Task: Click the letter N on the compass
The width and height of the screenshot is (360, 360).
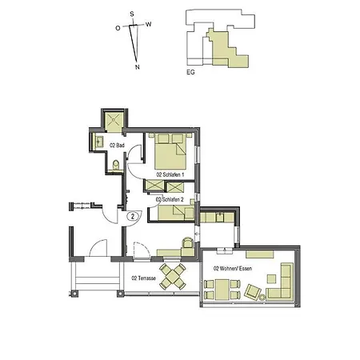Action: coord(138,67)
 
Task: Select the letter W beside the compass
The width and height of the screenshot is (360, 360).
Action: coord(149,24)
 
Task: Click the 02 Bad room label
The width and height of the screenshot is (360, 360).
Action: coord(118,145)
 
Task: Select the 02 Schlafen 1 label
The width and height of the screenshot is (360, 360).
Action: coord(170,174)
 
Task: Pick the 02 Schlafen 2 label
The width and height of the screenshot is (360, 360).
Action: coord(170,199)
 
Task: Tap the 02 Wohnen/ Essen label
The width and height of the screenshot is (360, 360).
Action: coord(233,269)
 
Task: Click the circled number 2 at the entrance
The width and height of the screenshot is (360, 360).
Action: coord(132,216)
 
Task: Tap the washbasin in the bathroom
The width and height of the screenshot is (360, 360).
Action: coord(98,144)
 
